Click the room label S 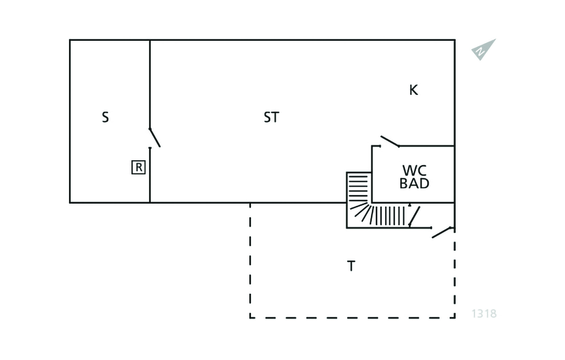tap(105, 117)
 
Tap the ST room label tap(271, 117)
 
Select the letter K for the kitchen tap(414, 90)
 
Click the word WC tap(414, 170)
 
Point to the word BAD tap(414, 184)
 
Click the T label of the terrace tap(351, 266)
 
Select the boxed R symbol tap(138, 167)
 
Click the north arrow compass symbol tap(483, 50)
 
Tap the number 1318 tap(484, 314)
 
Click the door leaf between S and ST tap(154, 137)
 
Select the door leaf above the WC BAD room tap(390, 141)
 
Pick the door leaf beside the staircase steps tap(414, 216)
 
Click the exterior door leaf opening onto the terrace tap(442, 232)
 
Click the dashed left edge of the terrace tap(250, 261)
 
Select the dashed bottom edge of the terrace tap(353, 318)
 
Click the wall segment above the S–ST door tap(150, 84)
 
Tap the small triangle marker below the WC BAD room tap(410, 205)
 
